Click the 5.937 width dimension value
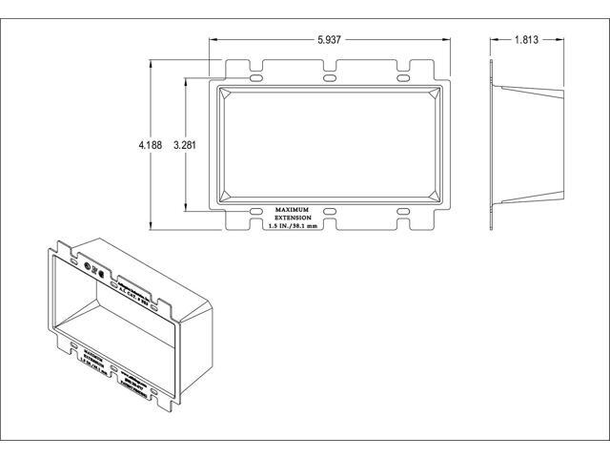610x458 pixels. [328, 41]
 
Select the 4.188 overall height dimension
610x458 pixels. [149, 146]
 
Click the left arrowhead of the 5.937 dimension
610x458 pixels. [214, 41]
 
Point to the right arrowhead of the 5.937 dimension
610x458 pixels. [445, 41]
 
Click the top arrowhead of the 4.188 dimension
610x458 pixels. [152, 64]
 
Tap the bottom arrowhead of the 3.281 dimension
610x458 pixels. [187, 206]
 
